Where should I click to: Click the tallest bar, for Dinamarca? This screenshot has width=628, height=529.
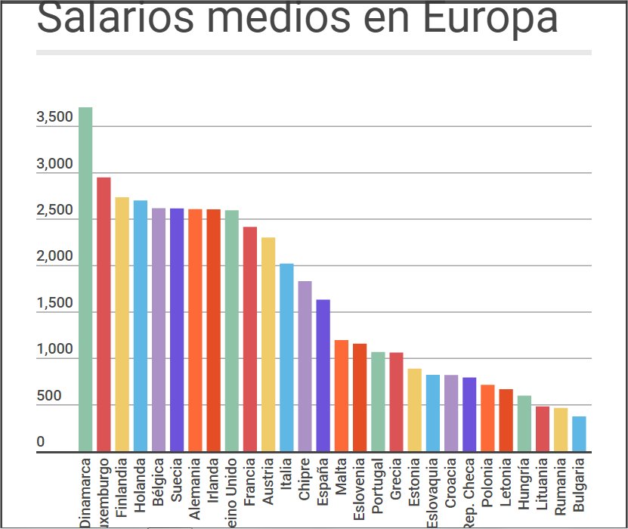(85, 280)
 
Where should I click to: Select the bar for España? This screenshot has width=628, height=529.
(323, 376)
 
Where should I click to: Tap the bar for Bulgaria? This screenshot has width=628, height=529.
(579, 434)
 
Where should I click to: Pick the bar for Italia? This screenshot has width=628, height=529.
(286, 357)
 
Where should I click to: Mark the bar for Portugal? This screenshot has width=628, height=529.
(378, 402)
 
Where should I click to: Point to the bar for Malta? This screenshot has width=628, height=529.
(342, 396)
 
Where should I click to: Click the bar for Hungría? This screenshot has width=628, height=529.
(524, 424)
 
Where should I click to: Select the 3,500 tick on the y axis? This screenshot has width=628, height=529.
(54, 118)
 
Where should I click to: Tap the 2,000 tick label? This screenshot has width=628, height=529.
(54, 257)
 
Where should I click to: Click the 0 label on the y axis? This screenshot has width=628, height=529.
(41, 442)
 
